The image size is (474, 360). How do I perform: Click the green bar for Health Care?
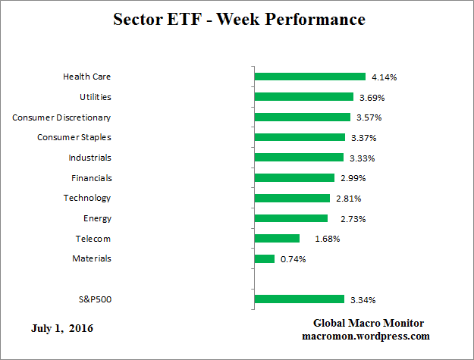click(310, 77)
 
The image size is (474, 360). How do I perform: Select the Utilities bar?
click(304, 97)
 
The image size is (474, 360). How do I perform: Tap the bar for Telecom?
click(277, 238)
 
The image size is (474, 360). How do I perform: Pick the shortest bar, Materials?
click(265, 258)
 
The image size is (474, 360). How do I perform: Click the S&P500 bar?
click(300, 299)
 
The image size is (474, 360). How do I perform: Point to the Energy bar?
click(291, 218)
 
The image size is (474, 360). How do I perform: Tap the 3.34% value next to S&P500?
click(363, 300)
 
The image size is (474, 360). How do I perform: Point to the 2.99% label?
click(353, 178)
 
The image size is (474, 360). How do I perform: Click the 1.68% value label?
click(327, 239)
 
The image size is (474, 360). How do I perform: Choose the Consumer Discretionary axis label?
click(62, 117)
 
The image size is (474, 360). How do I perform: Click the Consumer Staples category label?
click(74, 137)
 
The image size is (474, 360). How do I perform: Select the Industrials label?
click(89, 158)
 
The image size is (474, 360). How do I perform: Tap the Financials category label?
click(91, 177)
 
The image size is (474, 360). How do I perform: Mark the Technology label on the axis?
click(87, 198)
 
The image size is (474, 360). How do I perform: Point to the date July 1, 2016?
click(64, 328)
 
